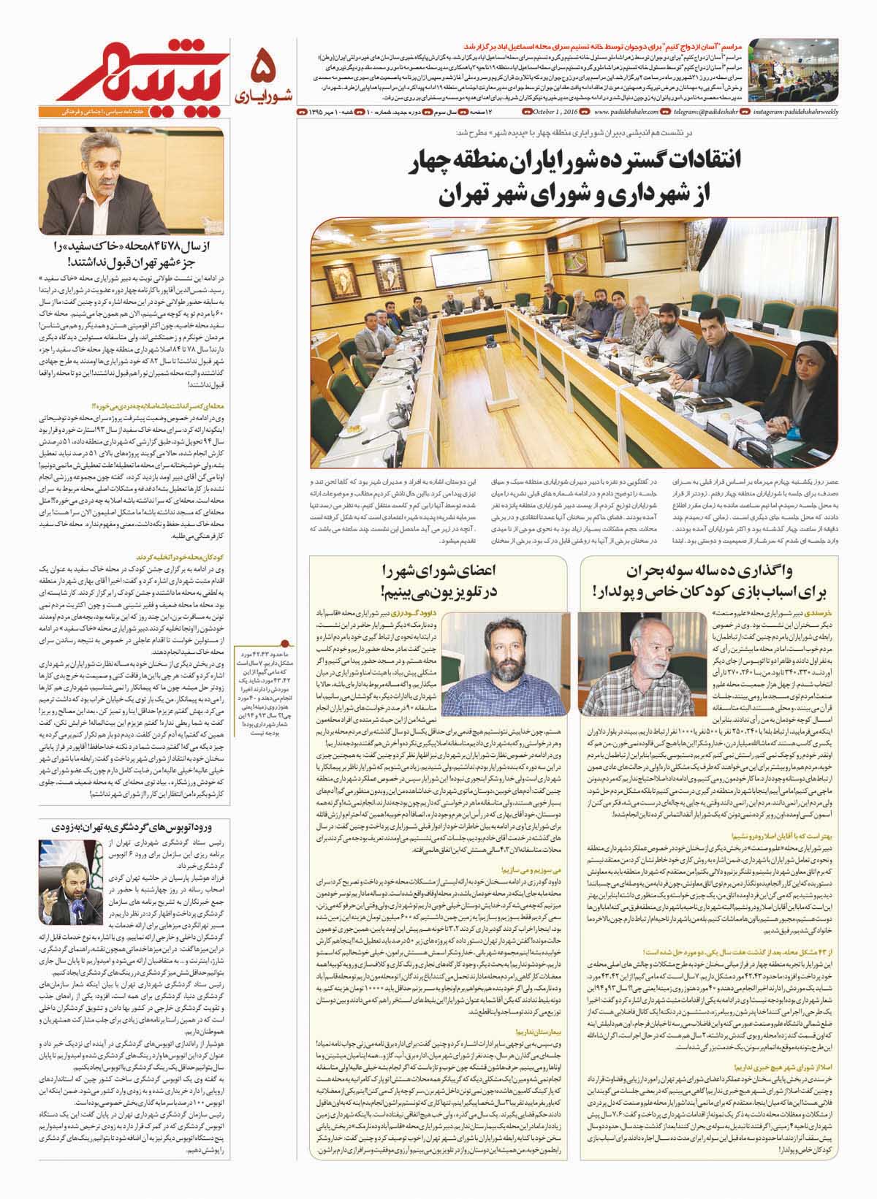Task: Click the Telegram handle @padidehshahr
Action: click(702, 113)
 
